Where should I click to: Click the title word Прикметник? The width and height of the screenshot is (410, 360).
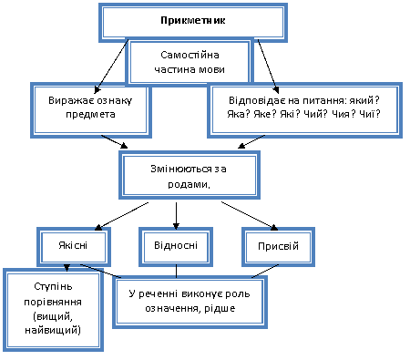[193, 21]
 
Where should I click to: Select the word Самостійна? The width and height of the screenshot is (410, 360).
[190, 55]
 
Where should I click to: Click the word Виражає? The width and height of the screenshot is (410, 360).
[69, 100]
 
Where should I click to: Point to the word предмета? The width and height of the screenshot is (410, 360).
[90, 115]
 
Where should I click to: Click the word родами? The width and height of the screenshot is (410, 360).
[188, 184]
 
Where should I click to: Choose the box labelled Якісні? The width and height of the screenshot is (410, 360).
[74, 247]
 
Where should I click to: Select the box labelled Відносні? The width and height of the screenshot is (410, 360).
[176, 247]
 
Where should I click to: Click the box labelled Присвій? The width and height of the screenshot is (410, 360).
[278, 247]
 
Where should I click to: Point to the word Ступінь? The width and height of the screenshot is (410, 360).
[53, 287]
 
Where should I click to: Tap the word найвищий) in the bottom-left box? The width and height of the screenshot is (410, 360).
[53, 330]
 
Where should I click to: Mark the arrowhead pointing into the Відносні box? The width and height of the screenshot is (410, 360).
[176, 225]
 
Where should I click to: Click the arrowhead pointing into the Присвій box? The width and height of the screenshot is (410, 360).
[274, 227]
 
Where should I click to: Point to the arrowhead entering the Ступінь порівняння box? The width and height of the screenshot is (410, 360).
[67, 268]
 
